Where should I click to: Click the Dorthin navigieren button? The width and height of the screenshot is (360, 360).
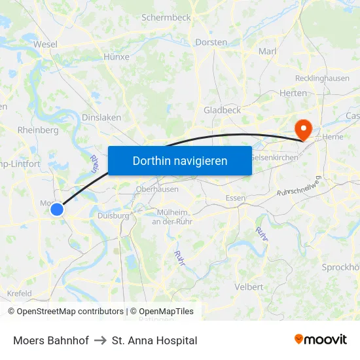pos(179,160)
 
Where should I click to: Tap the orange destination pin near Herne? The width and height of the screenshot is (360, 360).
pos(303,128)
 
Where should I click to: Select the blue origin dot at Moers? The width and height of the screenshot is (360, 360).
pos(57,209)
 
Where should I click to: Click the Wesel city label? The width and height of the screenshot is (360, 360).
pos(45,45)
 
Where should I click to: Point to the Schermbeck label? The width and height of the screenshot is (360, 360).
pos(166,18)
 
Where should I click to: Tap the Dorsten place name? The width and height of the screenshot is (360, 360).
pos(211,42)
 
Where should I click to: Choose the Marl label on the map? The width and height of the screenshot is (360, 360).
pos(268,51)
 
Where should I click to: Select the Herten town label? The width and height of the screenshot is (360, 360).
pos(293,93)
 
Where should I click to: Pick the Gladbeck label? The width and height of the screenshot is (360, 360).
pos(222,110)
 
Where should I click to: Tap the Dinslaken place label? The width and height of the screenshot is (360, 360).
pos(101,117)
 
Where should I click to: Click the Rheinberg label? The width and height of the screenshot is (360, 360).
pos(39,130)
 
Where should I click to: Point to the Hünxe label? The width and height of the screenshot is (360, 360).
pos(117,57)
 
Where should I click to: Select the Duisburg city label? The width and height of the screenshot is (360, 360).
pos(113,215)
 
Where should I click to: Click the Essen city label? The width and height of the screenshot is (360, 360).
pos(235,198)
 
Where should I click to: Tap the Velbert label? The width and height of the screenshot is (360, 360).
pos(249,287)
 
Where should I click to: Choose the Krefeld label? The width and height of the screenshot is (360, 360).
pos(19,293)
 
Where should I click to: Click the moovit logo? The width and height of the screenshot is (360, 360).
pos(320,339)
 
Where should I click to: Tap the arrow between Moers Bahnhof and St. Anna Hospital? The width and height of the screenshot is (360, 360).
pos(100,340)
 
